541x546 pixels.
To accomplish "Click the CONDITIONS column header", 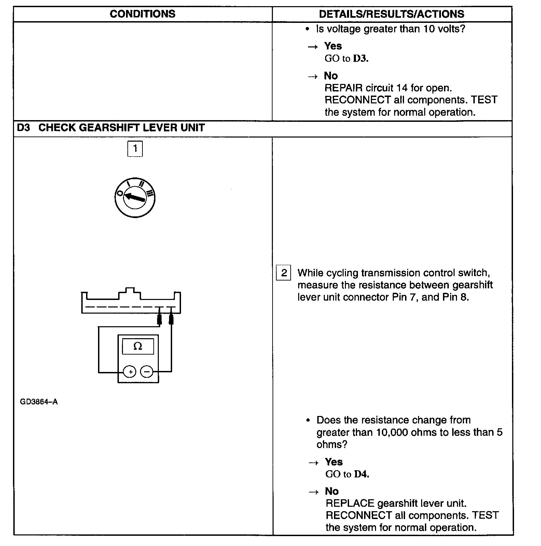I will point(142,14).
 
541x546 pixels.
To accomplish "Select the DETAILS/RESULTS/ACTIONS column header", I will point(391,14).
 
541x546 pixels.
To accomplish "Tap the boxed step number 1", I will point(135,149).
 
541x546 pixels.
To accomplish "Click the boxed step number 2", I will point(283,273).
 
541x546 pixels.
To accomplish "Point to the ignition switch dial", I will point(135,198).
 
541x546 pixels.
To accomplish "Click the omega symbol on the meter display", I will point(138,346).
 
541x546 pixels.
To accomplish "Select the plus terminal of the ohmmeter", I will point(130,372).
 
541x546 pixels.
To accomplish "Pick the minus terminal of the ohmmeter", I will point(147,372).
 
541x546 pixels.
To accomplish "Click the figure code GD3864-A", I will point(39,402).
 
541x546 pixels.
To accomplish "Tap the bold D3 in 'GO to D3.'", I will point(360,59).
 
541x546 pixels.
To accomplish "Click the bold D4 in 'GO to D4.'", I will point(361,474).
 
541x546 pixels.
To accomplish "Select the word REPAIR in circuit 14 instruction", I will point(343,88).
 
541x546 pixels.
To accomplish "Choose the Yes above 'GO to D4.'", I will point(334,462).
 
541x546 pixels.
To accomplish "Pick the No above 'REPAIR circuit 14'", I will point(331,75).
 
